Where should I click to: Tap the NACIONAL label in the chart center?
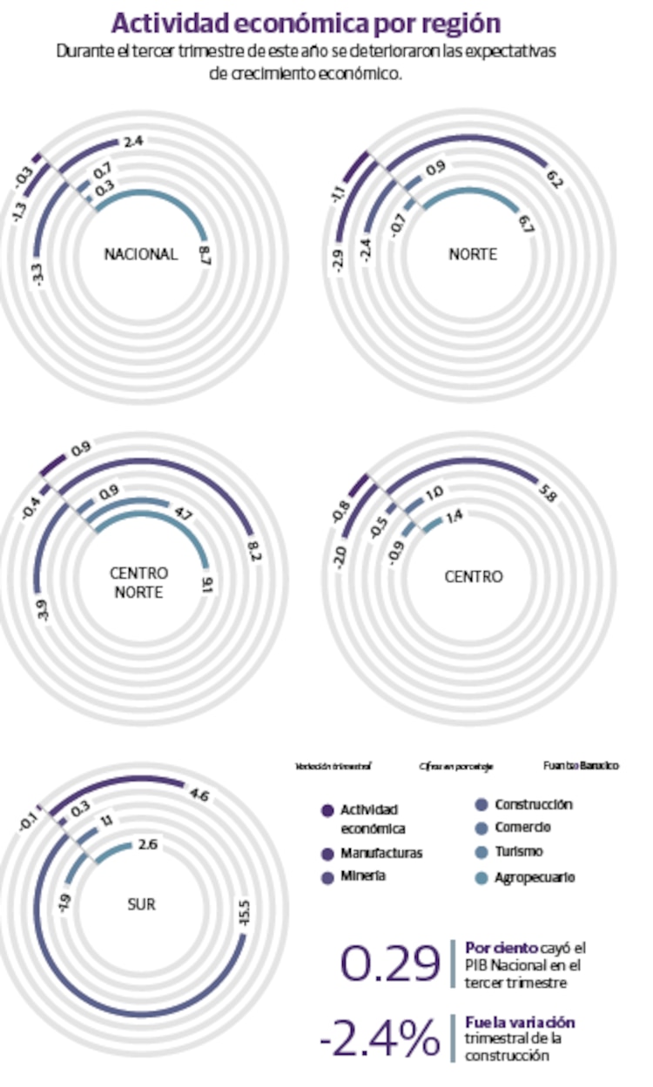(x=140, y=255)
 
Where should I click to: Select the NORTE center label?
(x=473, y=255)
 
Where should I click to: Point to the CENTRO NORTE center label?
(x=139, y=583)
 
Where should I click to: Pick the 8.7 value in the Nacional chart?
(x=205, y=255)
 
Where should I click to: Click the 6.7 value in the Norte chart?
(x=525, y=224)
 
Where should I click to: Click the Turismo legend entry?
(x=518, y=852)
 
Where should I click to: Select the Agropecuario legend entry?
(x=534, y=878)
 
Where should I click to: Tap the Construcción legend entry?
(x=533, y=805)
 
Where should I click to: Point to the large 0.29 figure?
(x=390, y=963)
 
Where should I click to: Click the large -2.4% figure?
(x=380, y=1038)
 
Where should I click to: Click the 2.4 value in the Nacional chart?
(x=133, y=141)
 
